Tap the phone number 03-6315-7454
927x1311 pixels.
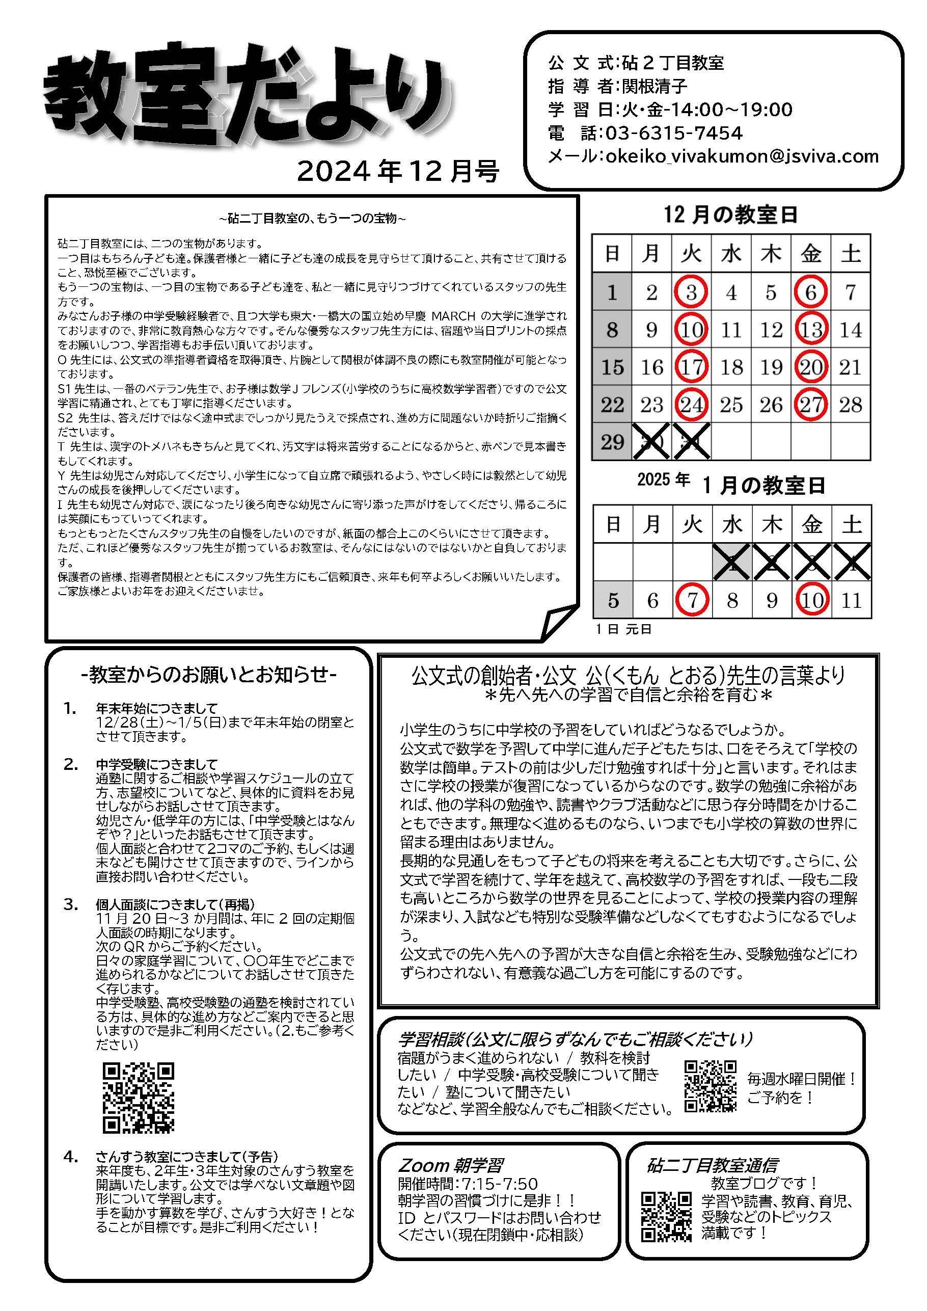[673, 133]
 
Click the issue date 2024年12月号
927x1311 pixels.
[398, 171]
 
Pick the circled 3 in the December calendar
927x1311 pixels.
[691, 292]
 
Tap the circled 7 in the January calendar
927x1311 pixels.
[692, 600]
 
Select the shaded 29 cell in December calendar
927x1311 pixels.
[612, 442]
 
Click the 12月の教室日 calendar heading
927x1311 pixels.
[730, 215]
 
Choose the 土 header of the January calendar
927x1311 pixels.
[852, 524]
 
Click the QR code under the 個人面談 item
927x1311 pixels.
[138, 1098]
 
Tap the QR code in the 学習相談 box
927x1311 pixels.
[710, 1086]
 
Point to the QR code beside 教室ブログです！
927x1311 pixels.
[666, 1217]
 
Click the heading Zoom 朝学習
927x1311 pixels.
[450, 1165]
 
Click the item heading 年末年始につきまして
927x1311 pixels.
[157, 709]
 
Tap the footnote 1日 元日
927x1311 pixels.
[623, 629]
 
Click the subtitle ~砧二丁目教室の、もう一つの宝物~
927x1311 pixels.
[312, 218]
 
